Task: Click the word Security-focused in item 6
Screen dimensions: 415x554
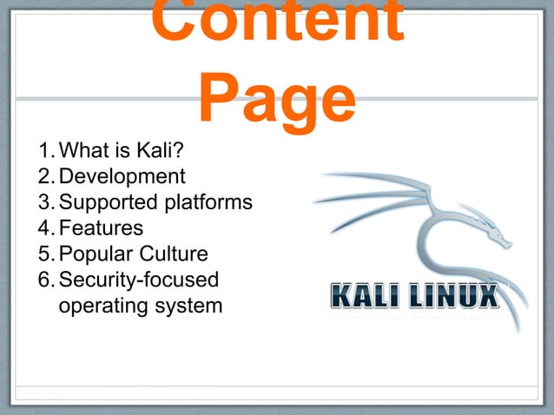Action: [138, 280]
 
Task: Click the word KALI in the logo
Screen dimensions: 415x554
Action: [365, 295]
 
